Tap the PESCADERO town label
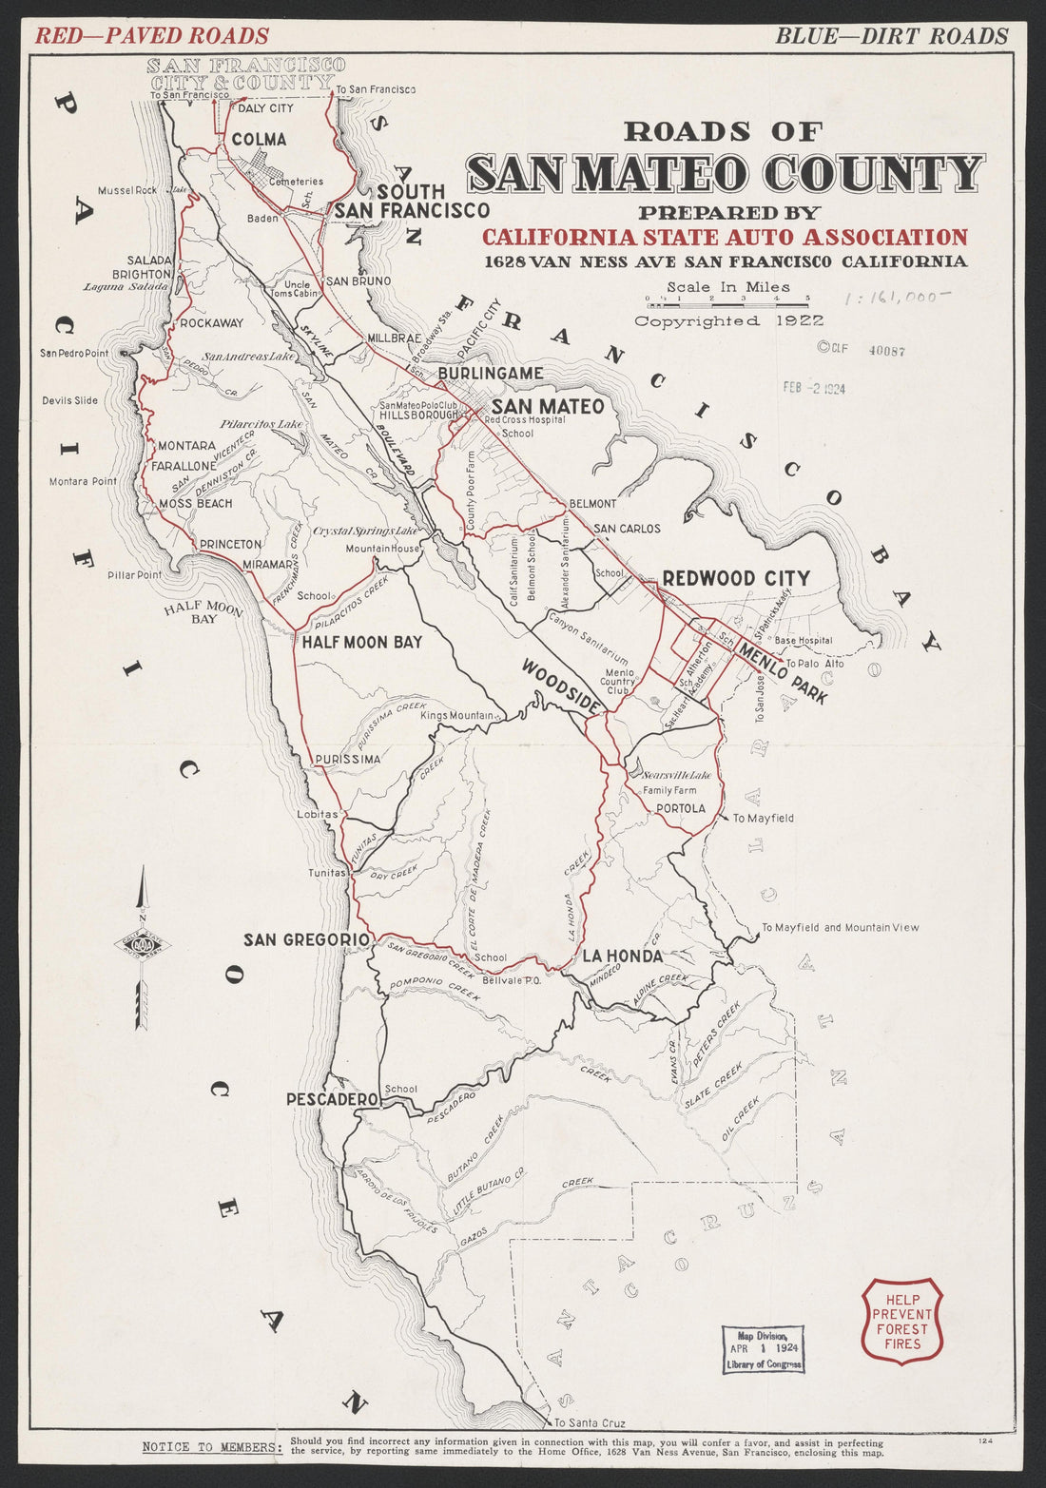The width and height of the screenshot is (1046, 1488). click(x=334, y=1099)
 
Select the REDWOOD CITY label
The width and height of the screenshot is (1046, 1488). click(x=736, y=578)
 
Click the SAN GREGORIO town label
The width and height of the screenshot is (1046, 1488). click(x=306, y=939)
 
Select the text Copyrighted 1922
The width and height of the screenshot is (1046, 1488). click(x=729, y=321)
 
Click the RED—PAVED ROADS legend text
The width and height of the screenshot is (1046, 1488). click(x=152, y=36)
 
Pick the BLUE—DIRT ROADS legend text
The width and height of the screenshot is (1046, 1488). click(x=891, y=36)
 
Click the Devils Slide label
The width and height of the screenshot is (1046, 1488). click(x=69, y=400)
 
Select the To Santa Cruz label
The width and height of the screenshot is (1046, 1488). click(x=590, y=1423)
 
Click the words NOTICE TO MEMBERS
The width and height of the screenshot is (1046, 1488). click(x=210, y=1447)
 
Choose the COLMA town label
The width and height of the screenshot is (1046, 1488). click(x=259, y=140)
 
